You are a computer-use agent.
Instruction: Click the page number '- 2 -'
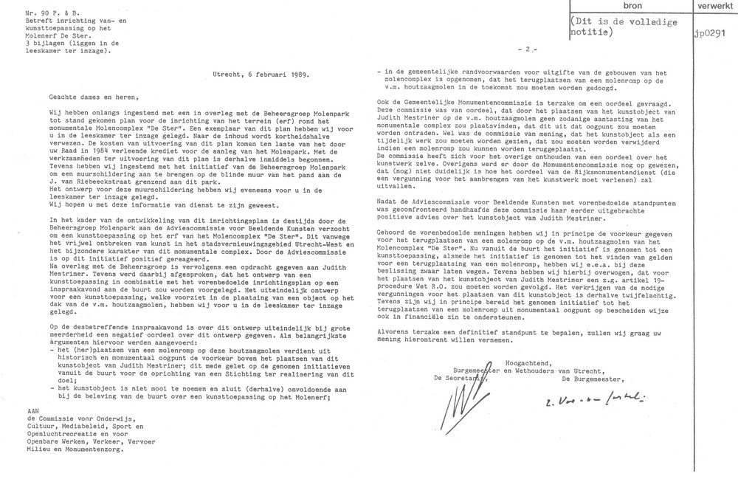[x=529, y=49]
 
